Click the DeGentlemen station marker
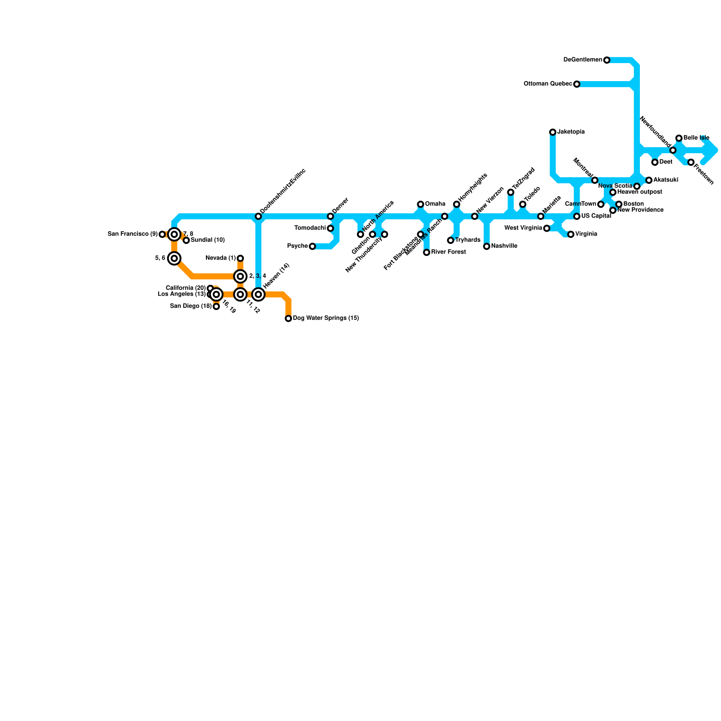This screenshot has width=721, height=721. point(607,60)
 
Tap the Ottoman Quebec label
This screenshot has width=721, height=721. point(548,84)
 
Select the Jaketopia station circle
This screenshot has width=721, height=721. point(552,132)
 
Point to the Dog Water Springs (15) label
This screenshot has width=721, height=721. point(326,318)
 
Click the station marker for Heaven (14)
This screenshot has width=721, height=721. point(258,294)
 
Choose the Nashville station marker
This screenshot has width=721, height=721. point(487,246)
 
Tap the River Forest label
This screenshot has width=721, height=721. point(448,252)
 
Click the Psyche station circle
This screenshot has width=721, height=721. point(312,246)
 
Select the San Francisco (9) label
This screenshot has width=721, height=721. point(133,234)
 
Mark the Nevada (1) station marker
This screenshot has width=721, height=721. point(240,258)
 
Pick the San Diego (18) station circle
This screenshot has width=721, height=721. point(216,306)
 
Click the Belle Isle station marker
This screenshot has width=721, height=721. point(679,138)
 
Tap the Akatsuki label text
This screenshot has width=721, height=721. point(666,180)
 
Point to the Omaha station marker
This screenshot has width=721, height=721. point(420,204)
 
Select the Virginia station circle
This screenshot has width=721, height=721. point(570,234)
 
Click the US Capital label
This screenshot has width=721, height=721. point(596,216)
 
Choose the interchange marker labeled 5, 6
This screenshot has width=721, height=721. point(174,258)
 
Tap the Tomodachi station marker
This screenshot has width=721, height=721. point(330,228)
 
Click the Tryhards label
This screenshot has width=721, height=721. point(468,240)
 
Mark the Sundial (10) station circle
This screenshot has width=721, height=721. point(186,240)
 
